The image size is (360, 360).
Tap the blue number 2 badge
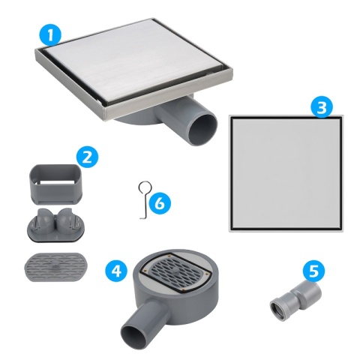[87, 157]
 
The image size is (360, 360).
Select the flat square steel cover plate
[286, 172]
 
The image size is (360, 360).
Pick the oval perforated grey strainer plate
[55, 265]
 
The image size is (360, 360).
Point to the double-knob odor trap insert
[55, 224]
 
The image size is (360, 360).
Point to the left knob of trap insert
[43, 218]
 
